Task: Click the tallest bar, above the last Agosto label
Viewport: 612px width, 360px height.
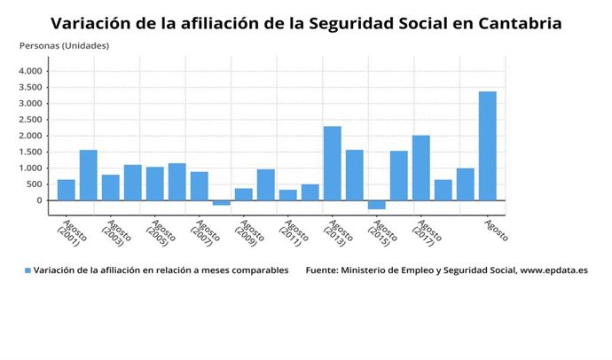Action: [487, 145]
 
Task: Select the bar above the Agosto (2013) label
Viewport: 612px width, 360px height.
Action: [332, 163]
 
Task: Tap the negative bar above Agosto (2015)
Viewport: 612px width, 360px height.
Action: [377, 205]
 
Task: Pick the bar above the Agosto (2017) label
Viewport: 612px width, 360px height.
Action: [421, 168]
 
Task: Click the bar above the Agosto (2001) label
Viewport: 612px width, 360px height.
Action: [67, 190]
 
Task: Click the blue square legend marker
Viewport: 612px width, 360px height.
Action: [27, 270]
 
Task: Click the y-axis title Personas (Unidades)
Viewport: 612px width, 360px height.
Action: [65, 45]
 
